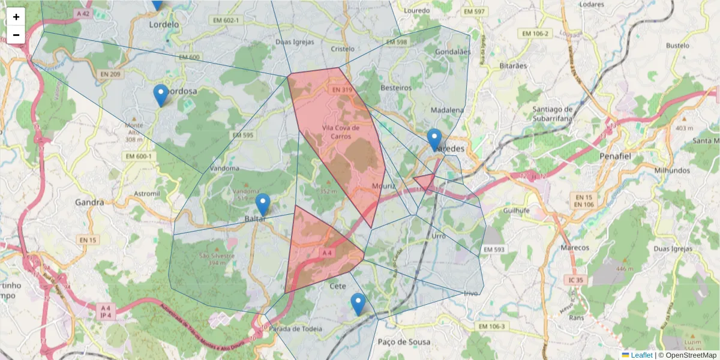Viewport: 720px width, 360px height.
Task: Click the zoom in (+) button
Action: point(16,17)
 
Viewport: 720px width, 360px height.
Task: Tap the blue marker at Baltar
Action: point(263,205)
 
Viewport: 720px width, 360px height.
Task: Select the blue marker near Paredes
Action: point(434,139)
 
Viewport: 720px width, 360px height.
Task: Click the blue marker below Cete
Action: point(358,304)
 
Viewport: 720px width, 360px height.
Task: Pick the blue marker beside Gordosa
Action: point(160,95)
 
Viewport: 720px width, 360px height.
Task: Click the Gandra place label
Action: point(89,202)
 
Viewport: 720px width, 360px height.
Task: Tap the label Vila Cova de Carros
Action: point(340,131)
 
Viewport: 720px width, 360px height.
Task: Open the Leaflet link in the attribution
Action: point(641,355)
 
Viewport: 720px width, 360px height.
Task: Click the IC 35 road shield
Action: point(577,280)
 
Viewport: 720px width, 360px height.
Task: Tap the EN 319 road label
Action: point(342,90)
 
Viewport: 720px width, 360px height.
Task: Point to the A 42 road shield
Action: point(83,13)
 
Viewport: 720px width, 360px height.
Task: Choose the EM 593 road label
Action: point(494,249)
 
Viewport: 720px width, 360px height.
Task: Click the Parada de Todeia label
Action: point(295,329)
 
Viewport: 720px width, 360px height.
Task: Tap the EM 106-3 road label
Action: point(493,326)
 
